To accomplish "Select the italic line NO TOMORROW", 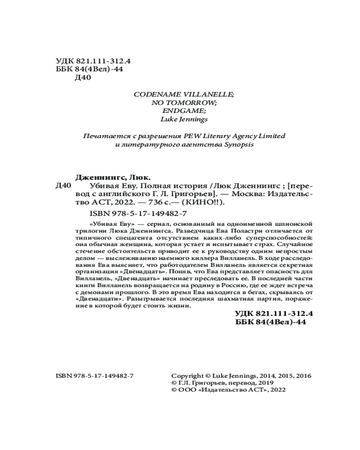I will (x=184, y=103).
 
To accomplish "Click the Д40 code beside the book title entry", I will (x=62, y=185).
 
